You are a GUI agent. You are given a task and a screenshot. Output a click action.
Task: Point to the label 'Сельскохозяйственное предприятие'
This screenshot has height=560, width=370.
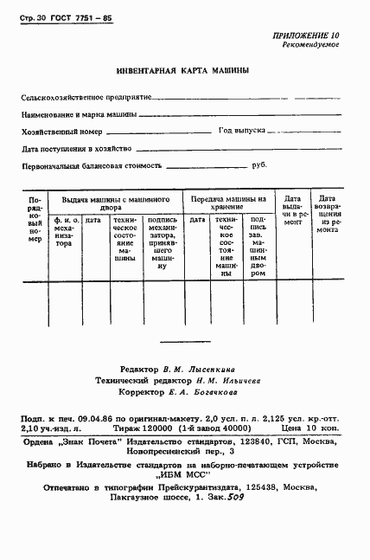86,99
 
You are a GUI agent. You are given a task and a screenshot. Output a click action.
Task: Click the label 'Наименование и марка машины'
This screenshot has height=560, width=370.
78,115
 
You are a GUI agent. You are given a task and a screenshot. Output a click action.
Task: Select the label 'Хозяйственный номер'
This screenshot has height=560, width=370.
61,132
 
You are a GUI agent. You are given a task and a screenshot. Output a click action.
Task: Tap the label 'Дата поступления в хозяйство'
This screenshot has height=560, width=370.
76,148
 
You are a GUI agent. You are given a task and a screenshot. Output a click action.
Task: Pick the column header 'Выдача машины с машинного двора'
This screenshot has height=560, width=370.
114,203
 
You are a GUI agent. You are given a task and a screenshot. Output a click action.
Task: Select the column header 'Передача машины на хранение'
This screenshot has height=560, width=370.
228,203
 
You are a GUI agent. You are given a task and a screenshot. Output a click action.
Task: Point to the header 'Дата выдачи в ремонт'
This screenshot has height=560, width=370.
292,210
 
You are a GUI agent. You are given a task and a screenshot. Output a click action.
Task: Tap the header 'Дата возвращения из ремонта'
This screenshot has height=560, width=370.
328,216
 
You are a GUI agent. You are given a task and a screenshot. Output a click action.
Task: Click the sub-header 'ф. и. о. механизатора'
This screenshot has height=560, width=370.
65,232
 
